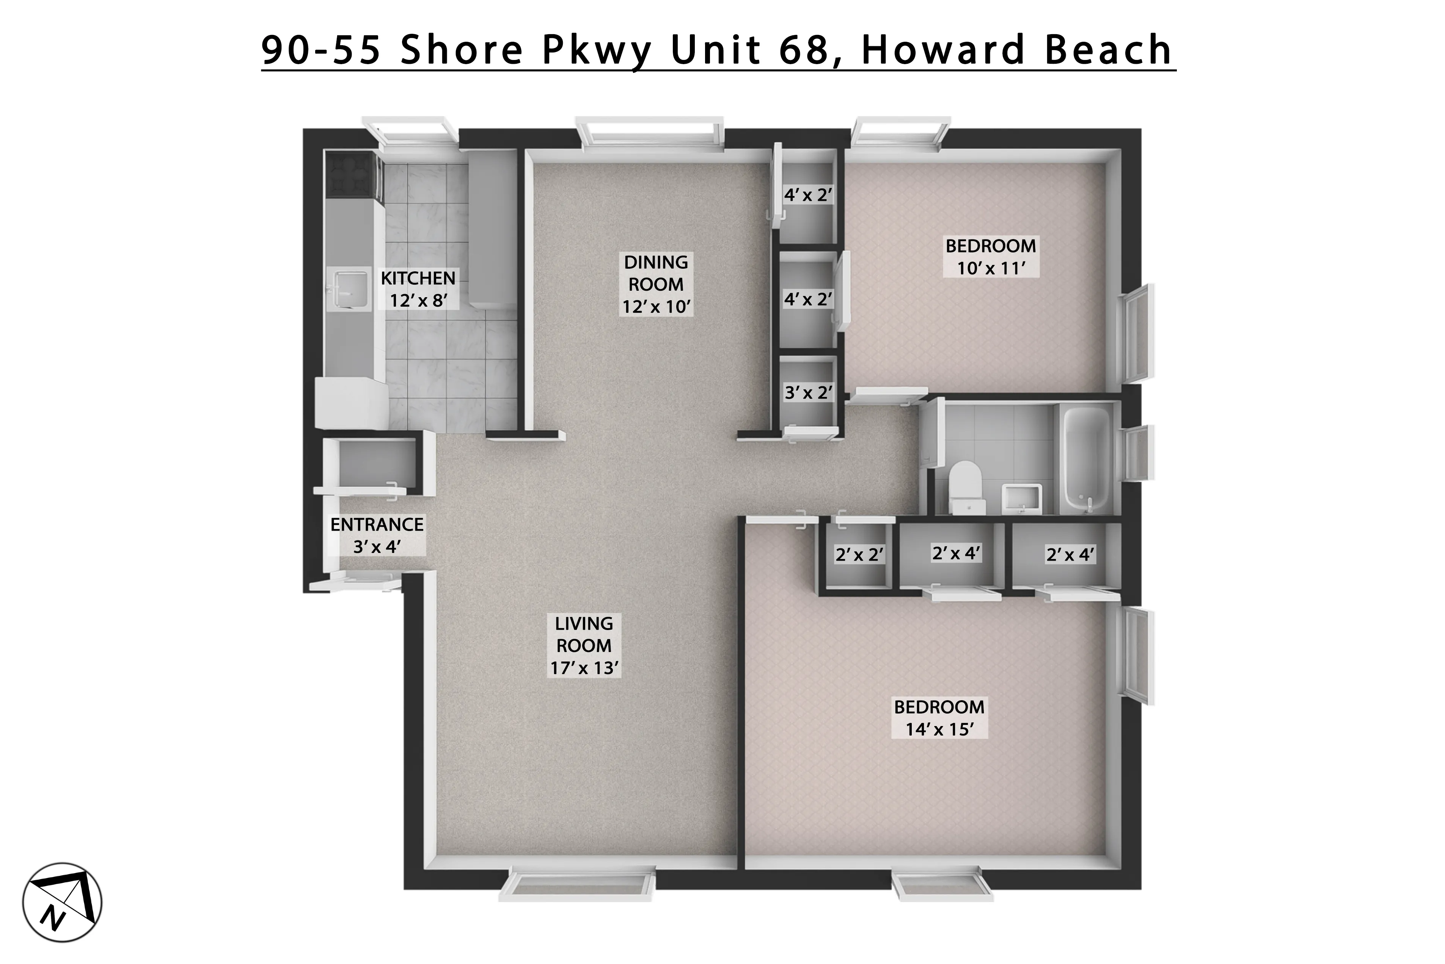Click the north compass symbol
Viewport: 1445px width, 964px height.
click(x=62, y=903)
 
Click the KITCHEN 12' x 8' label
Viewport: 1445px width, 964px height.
click(x=418, y=289)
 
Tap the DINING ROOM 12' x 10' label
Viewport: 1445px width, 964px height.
click(x=656, y=284)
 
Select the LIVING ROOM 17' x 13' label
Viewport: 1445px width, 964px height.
click(x=584, y=646)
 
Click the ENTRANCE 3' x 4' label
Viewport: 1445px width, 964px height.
click(x=377, y=535)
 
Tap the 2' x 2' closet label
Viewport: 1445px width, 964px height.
click(x=859, y=554)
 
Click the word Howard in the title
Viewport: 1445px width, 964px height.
click(x=944, y=49)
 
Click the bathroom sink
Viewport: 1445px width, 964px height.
click(x=1021, y=497)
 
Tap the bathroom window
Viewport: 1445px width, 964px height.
click(x=1137, y=452)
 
